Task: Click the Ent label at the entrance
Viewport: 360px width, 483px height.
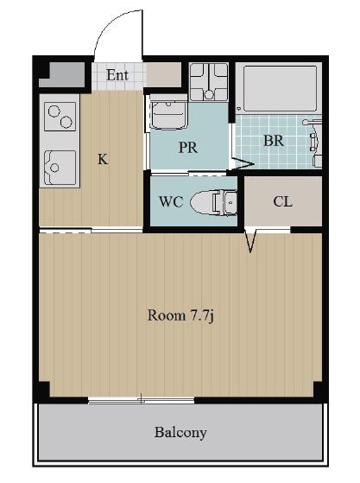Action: pyautogui.click(x=117, y=75)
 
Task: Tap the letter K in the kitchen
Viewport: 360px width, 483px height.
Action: pyautogui.click(x=103, y=159)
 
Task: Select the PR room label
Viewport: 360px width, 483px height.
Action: pyautogui.click(x=188, y=148)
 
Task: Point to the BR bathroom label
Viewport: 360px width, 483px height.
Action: pyautogui.click(x=274, y=141)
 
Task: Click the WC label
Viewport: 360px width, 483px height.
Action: pyautogui.click(x=171, y=202)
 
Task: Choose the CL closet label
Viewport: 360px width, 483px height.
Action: pyautogui.click(x=283, y=202)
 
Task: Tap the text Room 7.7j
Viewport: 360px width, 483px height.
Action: pyautogui.click(x=180, y=315)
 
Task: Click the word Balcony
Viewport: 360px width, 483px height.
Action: pyautogui.click(x=180, y=433)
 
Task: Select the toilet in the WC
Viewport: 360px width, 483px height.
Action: pyautogui.click(x=213, y=202)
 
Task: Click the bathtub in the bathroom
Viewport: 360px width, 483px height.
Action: pyautogui.click(x=280, y=88)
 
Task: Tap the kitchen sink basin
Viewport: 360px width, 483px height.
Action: pyautogui.click(x=60, y=168)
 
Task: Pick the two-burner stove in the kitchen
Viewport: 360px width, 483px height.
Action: pyautogui.click(x=60, y=117)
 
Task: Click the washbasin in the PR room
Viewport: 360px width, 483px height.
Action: pyautogui.click(x=168, y=113)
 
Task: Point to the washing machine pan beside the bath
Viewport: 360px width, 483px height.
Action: pyautogui.click(x=209, y=82)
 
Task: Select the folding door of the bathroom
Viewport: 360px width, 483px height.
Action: pyautogui.click(x=242, y=162)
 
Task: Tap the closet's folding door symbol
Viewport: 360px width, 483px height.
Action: pyautogui.click(x=251, y=241)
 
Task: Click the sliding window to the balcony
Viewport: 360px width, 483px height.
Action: pyautogui.click(x=142, y=400)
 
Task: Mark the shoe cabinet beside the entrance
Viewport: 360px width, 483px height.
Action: pyautogui.click(x=163, y=75)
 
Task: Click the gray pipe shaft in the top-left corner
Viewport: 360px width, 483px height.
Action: pyautogui.click(x=61, y=75)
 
